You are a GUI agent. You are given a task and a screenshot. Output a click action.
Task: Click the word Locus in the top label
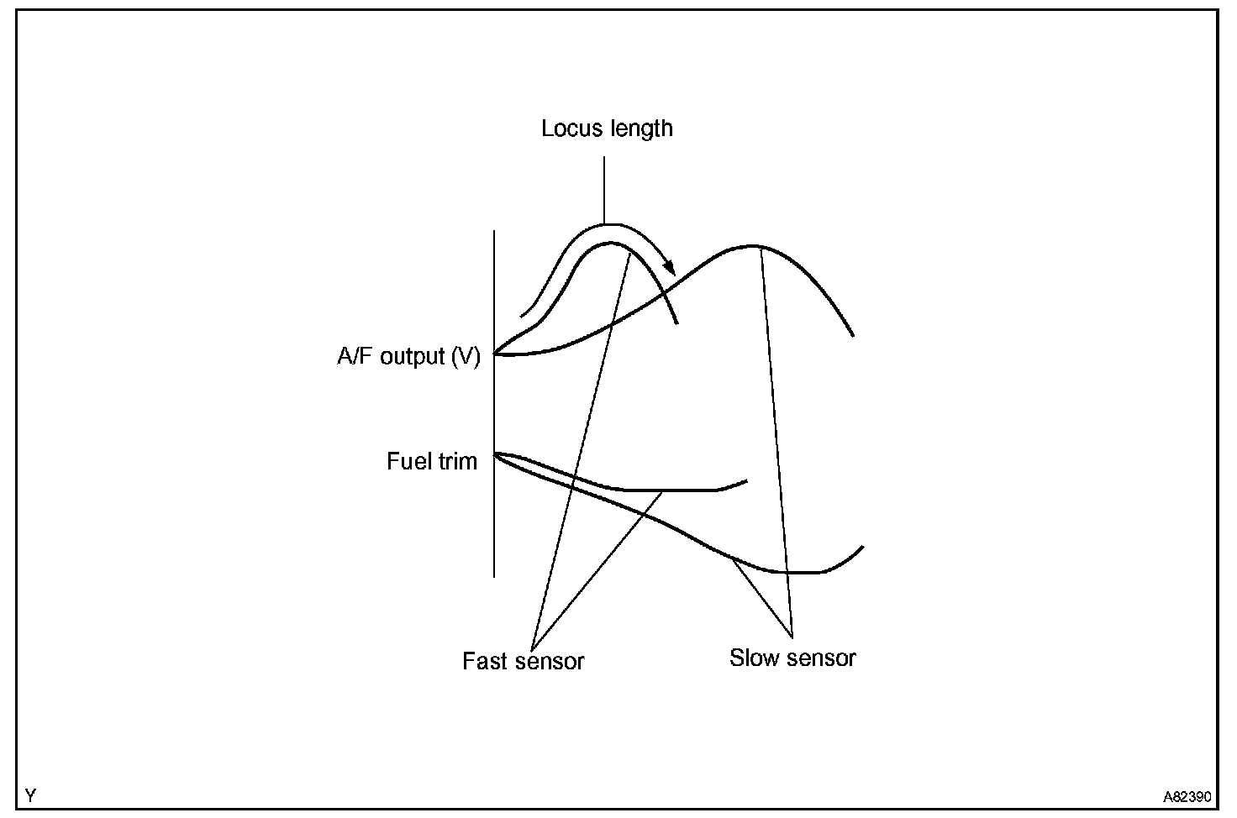(568, 128)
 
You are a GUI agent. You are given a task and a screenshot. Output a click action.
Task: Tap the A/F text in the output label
(356, 357)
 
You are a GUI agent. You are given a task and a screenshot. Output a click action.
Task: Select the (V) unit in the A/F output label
(466, 357)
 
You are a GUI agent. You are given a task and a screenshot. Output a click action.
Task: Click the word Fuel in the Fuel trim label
(408, 461)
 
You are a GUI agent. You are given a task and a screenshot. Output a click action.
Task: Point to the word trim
(456, 461)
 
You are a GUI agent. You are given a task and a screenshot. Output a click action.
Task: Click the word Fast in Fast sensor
(485, 661)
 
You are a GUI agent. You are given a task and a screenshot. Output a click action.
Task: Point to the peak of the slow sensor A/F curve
(754, 246)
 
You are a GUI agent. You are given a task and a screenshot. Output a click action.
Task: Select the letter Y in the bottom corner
(31, 794)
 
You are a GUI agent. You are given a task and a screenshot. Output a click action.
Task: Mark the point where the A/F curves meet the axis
(495, 354)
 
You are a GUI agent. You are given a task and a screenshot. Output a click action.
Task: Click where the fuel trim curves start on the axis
(495, 454)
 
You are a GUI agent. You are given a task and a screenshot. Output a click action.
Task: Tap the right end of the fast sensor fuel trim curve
(746, 481)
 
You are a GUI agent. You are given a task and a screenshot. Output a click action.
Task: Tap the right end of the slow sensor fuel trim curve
(862, 548)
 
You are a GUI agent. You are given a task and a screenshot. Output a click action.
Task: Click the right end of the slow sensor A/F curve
(853, 335)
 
